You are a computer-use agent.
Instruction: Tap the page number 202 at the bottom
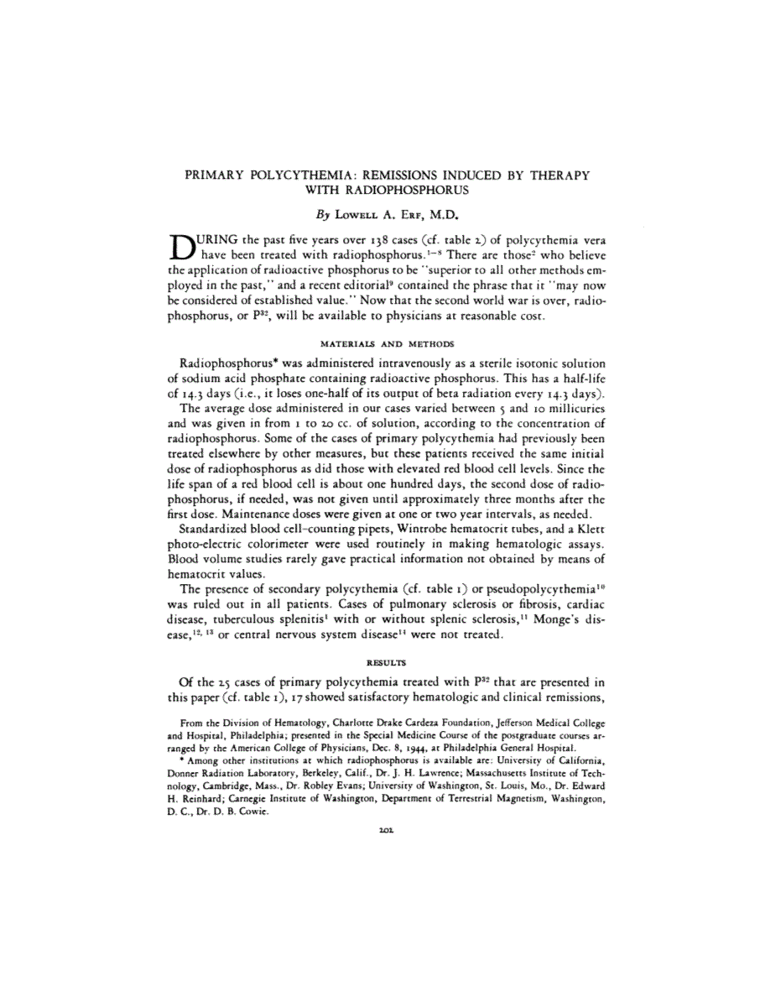coord(387,827)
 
